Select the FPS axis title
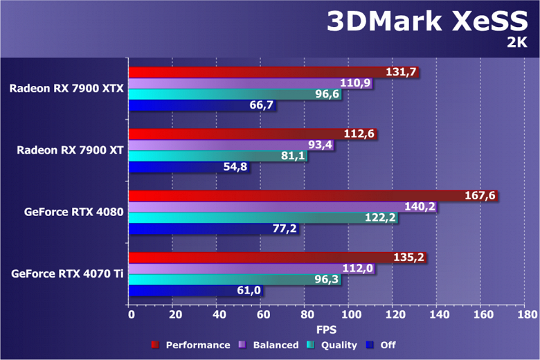(x=326, y=330)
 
